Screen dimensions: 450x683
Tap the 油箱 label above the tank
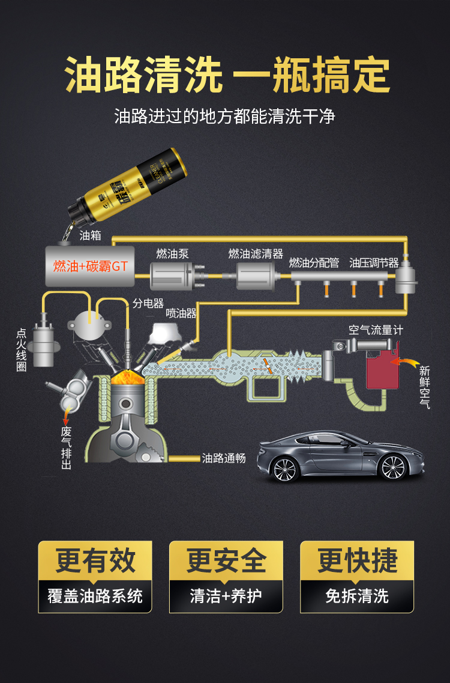click(90, 235)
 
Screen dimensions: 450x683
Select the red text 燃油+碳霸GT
click(91, 266)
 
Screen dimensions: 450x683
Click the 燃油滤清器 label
click(256, 253)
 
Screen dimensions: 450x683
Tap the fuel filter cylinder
click(257, 276)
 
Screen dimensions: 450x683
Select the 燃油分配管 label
click(314, 263)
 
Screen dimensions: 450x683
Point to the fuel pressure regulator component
click(406, 276)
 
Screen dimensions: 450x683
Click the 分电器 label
click(148, 303)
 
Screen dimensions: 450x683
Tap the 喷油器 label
click(181, 312)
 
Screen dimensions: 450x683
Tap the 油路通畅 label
click(224, 458)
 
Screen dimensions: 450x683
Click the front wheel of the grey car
click(285, 469)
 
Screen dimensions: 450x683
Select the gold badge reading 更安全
click(226, 560)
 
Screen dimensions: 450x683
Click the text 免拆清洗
click(357, 596)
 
